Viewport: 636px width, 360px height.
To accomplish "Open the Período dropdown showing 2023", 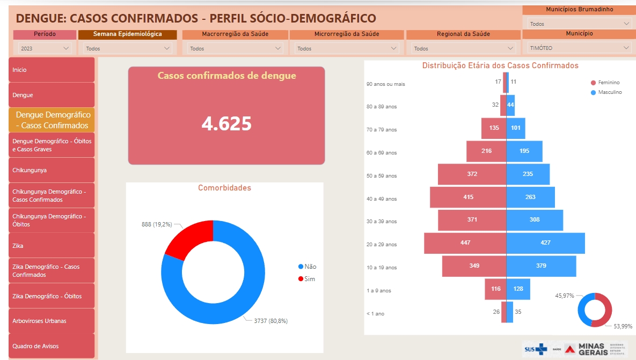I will click(45, 48).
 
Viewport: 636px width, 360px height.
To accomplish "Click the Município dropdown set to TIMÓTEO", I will click(577, 48).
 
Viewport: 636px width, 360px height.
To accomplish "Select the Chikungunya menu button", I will click(52, 170).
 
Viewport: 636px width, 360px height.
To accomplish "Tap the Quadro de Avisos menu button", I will click(52, 346).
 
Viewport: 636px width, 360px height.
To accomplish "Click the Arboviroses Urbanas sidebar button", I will click(52, 321).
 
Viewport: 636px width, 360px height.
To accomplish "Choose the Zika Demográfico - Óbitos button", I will click(52, 296).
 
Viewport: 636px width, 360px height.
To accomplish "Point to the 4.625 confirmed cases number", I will click(226, 123).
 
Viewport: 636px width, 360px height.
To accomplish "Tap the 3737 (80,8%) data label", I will click(272, 321).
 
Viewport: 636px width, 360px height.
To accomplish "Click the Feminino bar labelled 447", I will click(465, 243).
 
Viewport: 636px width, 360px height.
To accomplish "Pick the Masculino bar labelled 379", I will click(541, 266).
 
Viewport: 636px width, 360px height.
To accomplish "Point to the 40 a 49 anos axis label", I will click(382, 199).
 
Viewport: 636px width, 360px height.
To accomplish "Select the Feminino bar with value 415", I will click(468, 197).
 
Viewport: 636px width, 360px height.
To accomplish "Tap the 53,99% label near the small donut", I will click(623, 326).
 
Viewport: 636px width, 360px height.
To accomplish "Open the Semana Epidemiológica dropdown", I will click(128, 48).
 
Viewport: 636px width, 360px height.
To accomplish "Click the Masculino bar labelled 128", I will click(518, 289).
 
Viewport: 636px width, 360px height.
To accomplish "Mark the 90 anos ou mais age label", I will click(385, 84).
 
